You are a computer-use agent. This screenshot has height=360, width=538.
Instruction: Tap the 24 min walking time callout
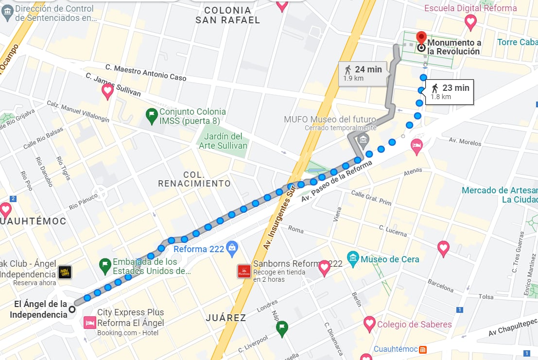point(363,73)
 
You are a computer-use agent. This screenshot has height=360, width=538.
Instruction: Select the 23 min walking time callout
point(450,91)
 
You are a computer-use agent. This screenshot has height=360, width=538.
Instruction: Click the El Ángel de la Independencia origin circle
point(72,309)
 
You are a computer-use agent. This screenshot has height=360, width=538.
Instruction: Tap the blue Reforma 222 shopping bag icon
point(232,248)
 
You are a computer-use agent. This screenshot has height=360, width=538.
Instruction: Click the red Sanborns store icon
point(243,271)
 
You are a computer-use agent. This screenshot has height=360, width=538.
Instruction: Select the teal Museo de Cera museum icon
point(353,258)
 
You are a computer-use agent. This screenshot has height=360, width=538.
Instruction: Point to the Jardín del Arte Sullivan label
point(223,141)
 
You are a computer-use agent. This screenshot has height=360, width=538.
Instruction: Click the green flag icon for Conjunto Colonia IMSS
point(151,116)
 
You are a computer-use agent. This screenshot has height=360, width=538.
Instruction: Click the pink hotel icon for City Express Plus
point(89,323)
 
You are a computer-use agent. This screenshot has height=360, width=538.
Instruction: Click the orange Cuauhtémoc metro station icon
point(423,349)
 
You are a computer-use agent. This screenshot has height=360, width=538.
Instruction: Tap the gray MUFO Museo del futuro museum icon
point(363,140)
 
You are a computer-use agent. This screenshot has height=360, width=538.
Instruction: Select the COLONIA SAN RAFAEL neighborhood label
point(227,15)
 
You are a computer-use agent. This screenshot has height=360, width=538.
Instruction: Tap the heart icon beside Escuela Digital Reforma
point(470,21)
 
